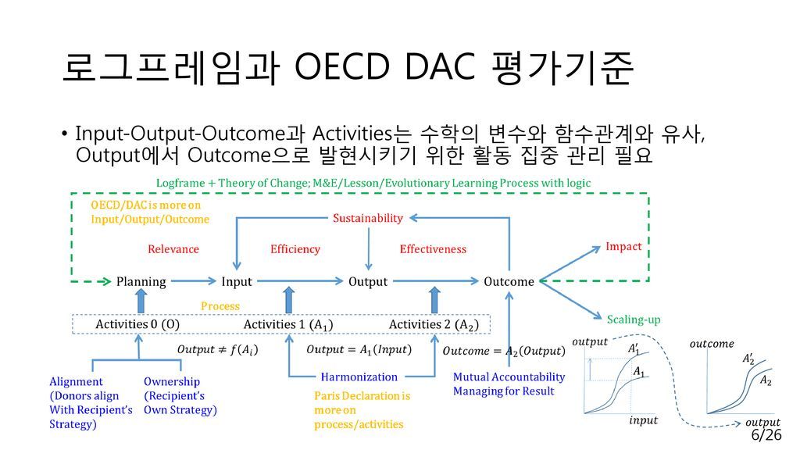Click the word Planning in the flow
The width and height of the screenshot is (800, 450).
coord(141,282)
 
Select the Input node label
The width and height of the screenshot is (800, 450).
coord(237,282)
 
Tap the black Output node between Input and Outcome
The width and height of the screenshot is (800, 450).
coord(368,282)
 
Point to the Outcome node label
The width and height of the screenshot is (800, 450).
coord(509,281)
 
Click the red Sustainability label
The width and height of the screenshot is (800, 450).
coord(368,219)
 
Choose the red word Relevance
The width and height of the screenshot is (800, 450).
coord(173,249)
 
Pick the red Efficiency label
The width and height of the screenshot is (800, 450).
coord(295,249)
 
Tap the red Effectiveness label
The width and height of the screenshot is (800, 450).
coord(433,249)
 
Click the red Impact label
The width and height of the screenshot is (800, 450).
coord(623,247)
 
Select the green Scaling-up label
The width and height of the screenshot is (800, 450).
coord(633,320)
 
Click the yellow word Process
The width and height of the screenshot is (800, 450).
coord(220,306)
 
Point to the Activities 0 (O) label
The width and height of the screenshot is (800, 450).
coord(137,324)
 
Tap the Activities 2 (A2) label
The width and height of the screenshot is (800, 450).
coord(434,325)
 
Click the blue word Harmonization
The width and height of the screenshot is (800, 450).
coord(359,377)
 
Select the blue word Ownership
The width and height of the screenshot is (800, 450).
coord(172,381)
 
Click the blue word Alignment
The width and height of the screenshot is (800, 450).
coord(76,381)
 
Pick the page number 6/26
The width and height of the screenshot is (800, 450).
coord(766,434)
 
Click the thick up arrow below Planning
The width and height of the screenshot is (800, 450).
coord(141,301)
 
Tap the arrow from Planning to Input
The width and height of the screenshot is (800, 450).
coord(194,280)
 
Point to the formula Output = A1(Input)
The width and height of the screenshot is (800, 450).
coord(359,350)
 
